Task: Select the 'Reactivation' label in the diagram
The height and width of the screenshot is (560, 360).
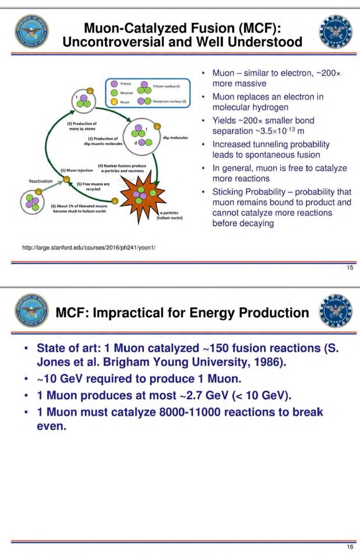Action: pyautogui.click(x=40, y=181)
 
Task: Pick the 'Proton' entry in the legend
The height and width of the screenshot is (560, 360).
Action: pyautogui.click(x=125, y=83)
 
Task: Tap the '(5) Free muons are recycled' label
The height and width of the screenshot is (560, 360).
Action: pyautogui.click(x=93, y=187)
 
